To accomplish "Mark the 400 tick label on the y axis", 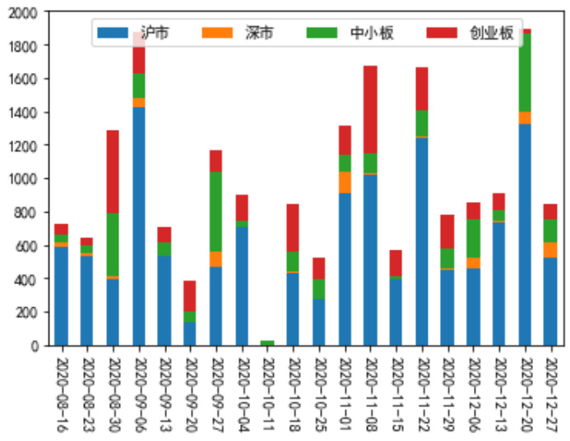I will (25, 279).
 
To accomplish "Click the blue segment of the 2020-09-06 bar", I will (138, 226).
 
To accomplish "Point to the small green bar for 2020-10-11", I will (266, 342).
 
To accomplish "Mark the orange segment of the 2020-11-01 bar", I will (344, 182).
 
